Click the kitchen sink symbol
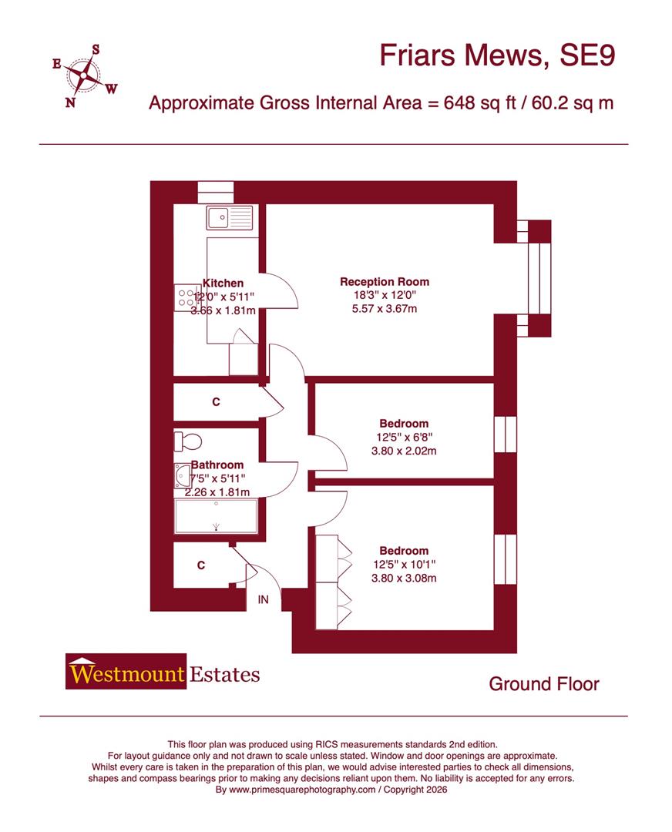(229, 218)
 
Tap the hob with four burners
(186, 298)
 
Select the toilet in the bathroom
(188, 442)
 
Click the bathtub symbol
(216, 516)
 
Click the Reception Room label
(385, 282)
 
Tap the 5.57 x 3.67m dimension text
(385, 309)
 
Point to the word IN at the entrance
(264, 599)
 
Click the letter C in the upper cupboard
(217, 402)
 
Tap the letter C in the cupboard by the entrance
(201, 565)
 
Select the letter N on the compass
(70, 102)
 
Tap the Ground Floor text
(544, 683)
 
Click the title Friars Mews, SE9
(499, 56)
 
